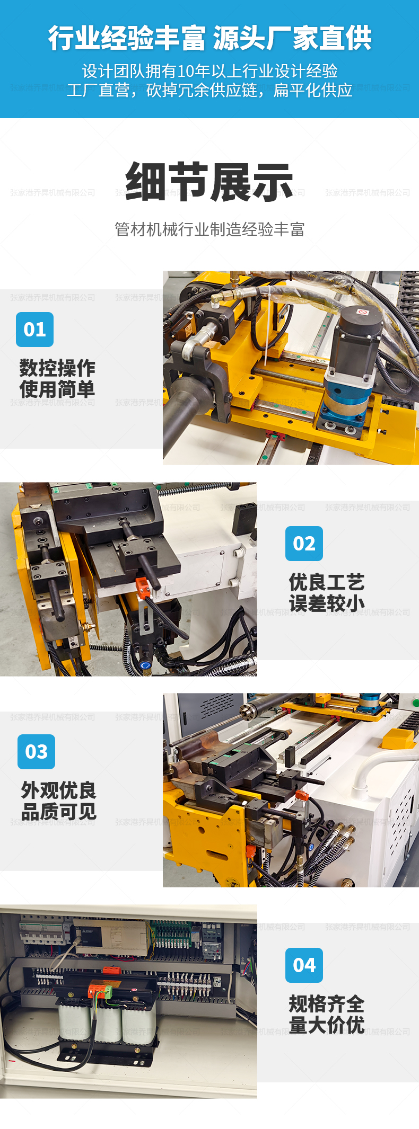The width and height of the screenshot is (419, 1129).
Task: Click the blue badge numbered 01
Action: tap(34, 330)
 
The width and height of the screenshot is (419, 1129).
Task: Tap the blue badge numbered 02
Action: tap(304, 544)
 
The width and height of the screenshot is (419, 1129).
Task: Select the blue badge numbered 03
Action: tap(36, 752)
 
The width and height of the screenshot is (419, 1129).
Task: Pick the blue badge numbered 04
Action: tap(304, 965)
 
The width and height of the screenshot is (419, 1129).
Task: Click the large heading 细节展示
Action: tap(209, 182)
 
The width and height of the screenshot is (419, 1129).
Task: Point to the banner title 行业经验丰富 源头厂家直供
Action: tap(210, 38)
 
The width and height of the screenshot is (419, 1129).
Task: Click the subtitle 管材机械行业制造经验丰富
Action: tap(210, 229)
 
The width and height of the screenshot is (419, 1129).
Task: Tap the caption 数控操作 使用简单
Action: tap(57, 379)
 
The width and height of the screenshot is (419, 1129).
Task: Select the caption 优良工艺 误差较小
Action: tap(326, 593)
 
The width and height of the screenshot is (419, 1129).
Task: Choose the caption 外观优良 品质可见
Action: tap(58, 801)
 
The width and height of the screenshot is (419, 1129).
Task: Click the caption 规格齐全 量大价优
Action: tap(326, 1015)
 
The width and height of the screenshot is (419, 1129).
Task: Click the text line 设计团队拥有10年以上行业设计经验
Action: tap(210, 71)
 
